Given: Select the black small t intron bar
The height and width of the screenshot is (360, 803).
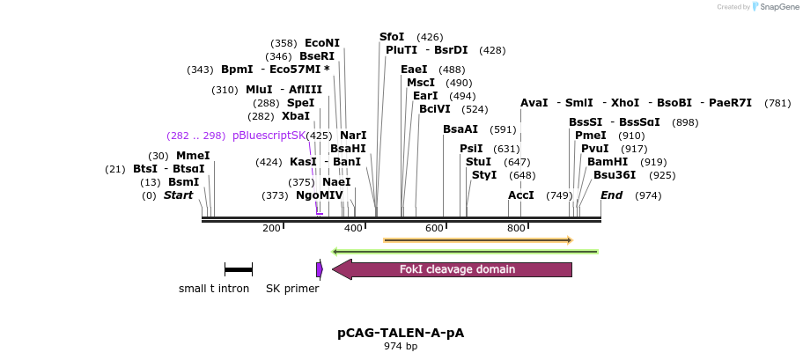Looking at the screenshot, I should [x=238, y=268].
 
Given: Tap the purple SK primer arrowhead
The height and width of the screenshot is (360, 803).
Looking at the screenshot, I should [x=320, y=269].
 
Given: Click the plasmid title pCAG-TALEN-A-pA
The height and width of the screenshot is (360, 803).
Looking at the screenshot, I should [x=401, y=334].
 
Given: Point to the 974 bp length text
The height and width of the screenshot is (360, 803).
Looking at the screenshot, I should [x=401, y=347].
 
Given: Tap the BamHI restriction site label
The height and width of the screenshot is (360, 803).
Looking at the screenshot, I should [x=608, y=162].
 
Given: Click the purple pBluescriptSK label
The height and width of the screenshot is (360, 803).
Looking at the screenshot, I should [x=269, y=136].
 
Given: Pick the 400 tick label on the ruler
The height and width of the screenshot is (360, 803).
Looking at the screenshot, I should [x=353, y=229].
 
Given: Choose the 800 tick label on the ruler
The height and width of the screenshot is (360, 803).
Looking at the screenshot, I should [x=516, y=229].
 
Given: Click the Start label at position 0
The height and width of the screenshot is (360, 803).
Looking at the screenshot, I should [x=178, y=195].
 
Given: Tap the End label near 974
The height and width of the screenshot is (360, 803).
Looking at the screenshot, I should [x=611, y=195].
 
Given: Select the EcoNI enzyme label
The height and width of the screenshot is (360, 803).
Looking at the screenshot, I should [x=321, y=42].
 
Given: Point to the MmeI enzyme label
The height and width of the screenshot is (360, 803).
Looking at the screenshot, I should [x=193, y=156].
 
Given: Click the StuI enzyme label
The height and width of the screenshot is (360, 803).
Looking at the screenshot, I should [x=478, y=162].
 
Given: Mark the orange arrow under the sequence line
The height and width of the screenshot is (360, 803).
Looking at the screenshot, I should [x=478, y=239].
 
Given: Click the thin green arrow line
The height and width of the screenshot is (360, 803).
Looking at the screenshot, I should [x=465, y=252].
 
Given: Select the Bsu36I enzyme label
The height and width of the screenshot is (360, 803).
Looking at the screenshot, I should [x=610, y=175].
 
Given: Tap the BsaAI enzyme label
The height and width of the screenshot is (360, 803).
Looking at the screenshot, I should [x=460, y=129].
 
